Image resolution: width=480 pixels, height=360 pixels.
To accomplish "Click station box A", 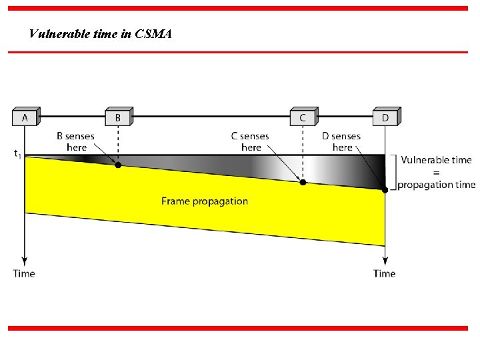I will tap(25, 117).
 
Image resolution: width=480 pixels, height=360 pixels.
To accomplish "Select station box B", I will tap(118, 117).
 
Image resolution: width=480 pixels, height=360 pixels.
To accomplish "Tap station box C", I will tap(303, 117).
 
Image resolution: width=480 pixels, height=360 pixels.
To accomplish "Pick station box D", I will tap(385, 117).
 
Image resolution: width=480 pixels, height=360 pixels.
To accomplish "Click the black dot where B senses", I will tap(118, 165).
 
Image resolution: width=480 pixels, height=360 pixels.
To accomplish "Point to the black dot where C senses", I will tap(303, 182).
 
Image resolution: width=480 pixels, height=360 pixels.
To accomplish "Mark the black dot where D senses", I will tap(385, 190).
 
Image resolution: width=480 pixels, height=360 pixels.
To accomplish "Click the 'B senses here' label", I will tap(75, 141).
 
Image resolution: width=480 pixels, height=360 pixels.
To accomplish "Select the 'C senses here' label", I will tap(251, 141).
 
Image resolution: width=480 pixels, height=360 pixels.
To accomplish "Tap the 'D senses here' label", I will tap(341, 141).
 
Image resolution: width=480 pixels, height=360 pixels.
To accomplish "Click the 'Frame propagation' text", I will tap(204, 201).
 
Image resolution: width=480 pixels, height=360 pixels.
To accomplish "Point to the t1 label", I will tap(17, 155).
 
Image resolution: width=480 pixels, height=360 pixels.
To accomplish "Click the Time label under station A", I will tap(24, 273).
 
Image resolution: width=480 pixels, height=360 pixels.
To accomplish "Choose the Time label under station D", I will tap(385, 273).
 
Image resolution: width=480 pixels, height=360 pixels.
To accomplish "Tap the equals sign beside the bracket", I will tap(436, 172).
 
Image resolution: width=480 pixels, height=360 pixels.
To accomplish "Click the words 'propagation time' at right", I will tap(437, 185).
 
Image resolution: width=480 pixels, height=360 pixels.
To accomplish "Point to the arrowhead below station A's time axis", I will tap(25, 260).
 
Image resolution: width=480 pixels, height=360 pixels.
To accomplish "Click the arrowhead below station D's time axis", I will tap(385, 260).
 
